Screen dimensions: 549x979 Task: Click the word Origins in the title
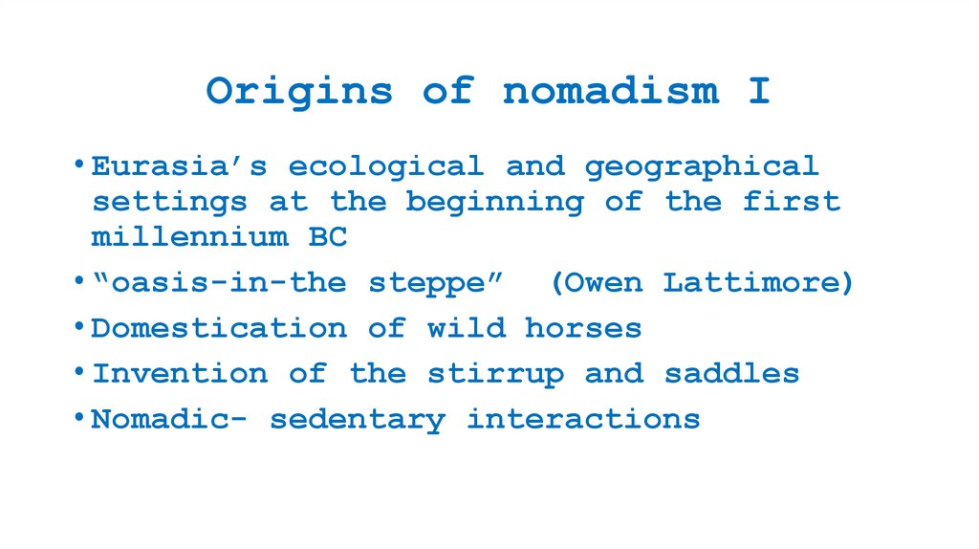[x=299, y=92]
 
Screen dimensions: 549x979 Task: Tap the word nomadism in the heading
[x=611, y=91]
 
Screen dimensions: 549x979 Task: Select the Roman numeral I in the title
[x=759, y=91]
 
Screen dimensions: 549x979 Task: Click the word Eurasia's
[x=179, y=166]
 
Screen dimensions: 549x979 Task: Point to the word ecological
[x=386, y=167]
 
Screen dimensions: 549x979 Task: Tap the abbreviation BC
[x=328, y=236]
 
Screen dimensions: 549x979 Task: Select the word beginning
[x=493, y=203]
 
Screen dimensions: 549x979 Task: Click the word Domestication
[x=219, y=328]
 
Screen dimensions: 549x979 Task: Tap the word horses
[x=583, y=328]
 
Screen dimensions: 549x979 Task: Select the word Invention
[x=180, y=373]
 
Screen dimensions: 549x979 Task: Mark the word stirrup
[x=495, y=374]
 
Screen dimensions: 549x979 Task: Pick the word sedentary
[x=357, y=419]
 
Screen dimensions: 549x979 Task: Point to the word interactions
[x=583, y=418]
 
